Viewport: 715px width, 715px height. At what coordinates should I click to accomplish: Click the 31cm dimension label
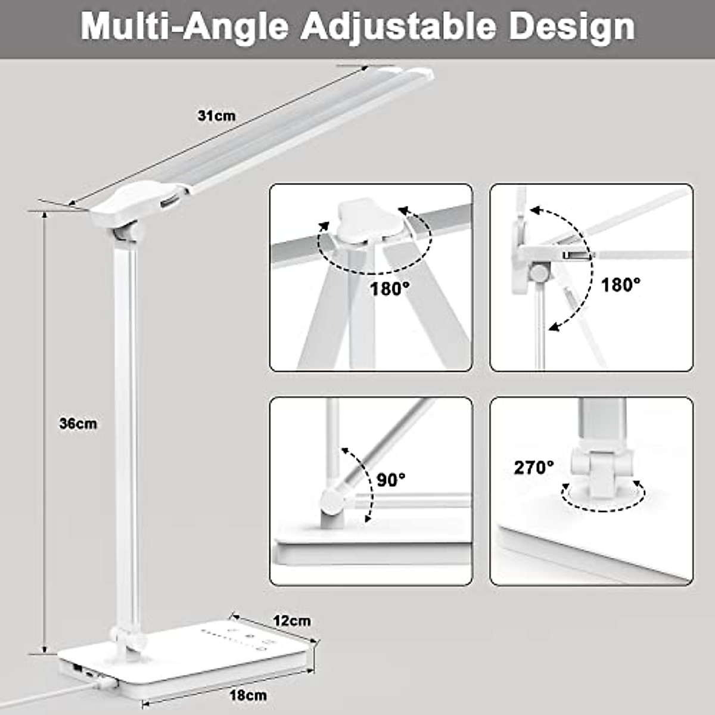(x=216, y=116)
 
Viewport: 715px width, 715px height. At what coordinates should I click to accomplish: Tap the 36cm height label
(x=77, y=424)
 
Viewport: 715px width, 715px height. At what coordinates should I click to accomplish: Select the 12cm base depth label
(x=292, y=620)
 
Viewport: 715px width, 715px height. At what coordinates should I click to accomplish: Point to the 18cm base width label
(x=248, y=695)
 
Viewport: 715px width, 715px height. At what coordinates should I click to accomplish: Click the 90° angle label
(x=391, y=480)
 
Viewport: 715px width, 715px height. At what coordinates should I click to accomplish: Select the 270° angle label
(x=534, y=468)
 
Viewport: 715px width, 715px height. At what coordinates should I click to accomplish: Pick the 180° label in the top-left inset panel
(x=390, y=290)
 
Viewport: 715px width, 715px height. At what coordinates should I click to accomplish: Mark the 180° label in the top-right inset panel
(x=620, y=285)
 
